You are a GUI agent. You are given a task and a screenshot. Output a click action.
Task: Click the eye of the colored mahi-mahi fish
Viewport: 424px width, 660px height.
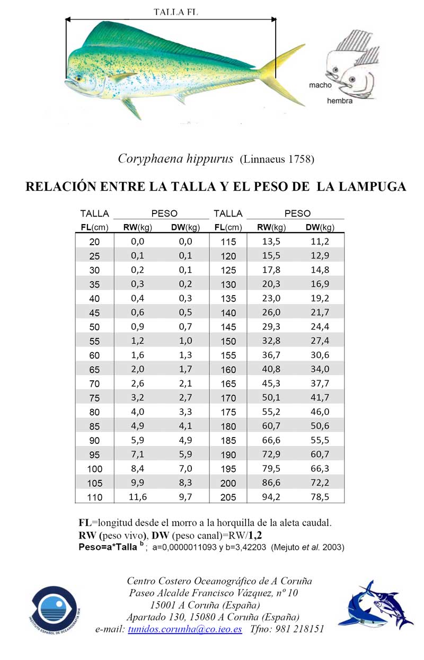[78, 78]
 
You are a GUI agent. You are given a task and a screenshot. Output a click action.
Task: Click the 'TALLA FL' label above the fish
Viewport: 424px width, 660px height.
[176, 11]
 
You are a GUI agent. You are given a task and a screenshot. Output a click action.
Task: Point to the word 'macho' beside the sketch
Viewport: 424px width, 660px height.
[321, 85]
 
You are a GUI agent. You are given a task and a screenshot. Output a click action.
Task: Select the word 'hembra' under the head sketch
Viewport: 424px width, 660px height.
[340, 101]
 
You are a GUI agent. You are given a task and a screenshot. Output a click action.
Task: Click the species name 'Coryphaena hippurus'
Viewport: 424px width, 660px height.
[175, 158]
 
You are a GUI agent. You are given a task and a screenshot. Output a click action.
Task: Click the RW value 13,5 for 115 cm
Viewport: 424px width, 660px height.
[271, 242]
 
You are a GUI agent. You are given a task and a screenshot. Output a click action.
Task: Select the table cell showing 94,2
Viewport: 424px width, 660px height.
[271, 497]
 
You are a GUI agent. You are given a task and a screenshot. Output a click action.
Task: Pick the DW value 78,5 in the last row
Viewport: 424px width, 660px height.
[320, 497]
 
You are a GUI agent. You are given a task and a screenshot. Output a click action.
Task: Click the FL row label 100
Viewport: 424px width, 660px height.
[94, 469]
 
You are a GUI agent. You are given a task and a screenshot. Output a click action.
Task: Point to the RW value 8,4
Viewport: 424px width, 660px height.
[137, 469]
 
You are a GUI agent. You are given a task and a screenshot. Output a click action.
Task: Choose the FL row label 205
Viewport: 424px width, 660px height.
[228, 497]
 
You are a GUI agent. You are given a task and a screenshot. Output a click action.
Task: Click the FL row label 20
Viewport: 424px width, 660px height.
[94, 242]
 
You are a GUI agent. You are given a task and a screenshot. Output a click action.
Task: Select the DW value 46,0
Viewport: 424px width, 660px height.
[320, 412]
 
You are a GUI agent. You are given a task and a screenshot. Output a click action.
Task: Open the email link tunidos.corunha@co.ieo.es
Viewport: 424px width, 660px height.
[185, 629]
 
